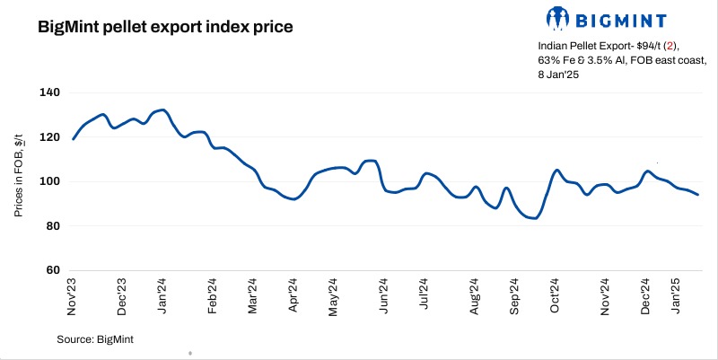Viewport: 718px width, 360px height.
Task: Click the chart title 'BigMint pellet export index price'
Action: tap(165, 27)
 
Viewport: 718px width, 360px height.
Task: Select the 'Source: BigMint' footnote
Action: tap(95, 338)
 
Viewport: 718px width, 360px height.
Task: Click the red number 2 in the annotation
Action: tap(652, 45)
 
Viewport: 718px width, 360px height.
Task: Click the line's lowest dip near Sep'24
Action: tap(535, 217)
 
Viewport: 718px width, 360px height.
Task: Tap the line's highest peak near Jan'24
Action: tap(161, 110)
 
